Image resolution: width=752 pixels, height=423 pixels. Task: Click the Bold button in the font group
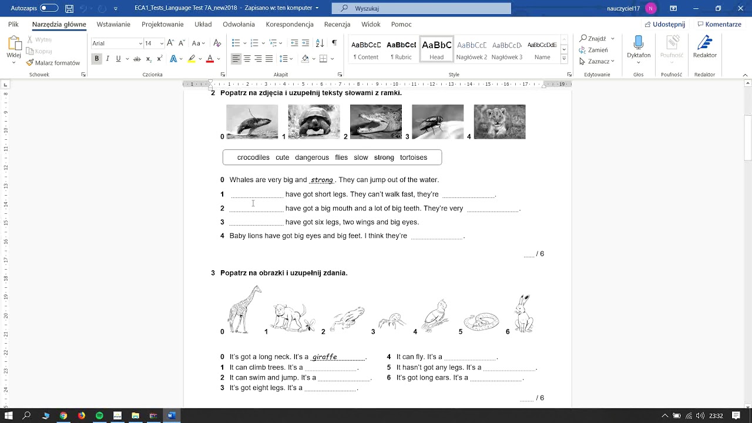[97, 59]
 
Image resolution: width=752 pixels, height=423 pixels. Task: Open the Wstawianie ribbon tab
[113, 25]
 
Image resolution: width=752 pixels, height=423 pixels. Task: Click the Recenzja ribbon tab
[337, 25]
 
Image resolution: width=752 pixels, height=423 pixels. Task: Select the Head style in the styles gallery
[437, 50]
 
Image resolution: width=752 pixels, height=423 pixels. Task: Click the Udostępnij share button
[664, 25]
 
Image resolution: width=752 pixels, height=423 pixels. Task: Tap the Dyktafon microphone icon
[639, 43]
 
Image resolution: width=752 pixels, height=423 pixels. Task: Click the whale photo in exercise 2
[252, 122]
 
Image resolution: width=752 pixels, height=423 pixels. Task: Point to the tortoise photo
[314, 122]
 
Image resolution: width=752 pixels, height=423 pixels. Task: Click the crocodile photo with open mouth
[375, 122]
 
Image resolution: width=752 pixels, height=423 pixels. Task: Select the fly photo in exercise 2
[438, 122]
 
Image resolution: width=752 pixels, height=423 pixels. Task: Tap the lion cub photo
[499, 122]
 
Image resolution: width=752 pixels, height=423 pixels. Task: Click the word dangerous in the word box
[311, 157]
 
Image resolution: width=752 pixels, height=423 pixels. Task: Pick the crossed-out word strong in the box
[384, 157]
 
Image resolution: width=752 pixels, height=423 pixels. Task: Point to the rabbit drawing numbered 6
[523, 314]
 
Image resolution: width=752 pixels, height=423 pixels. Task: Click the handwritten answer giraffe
[324, 357]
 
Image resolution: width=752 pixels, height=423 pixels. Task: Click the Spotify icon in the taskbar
[99, 415]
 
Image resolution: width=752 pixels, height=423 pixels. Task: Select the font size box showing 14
[150, 43]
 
